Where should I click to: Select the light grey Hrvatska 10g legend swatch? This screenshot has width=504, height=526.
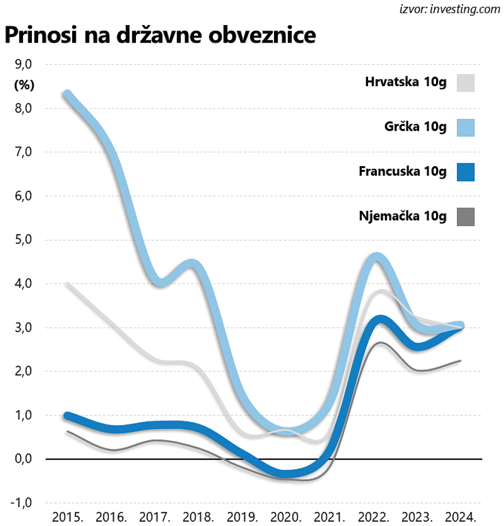coord(465,83)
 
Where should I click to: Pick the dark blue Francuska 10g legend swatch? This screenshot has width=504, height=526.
coord(465,172)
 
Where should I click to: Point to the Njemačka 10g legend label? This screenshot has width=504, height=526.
coord(403,216)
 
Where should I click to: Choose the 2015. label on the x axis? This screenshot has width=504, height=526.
coord(68,517)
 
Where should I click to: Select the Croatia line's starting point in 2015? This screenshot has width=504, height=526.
coord(67,283)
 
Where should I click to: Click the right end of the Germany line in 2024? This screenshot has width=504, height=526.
coord(461,360)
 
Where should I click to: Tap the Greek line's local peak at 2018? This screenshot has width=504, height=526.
coord(192,264)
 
